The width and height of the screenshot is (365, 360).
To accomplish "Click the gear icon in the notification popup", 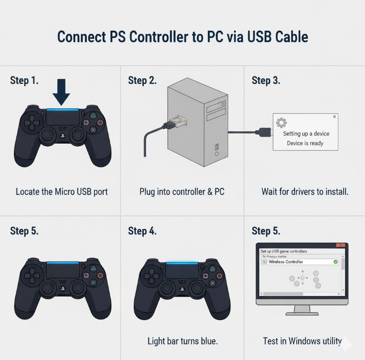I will point(281,122).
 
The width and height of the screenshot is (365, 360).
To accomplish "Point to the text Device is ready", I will point(305,143).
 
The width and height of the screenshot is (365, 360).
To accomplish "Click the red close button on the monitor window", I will point(341,246).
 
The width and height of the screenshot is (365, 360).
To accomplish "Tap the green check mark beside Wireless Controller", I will point(335,262).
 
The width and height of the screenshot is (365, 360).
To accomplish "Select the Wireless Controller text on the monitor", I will point(286,262).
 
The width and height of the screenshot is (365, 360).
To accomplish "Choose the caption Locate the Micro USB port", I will point(61,191).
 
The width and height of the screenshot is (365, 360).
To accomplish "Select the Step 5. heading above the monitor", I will point(266,231).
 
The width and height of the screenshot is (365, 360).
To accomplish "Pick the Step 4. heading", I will point(142,231).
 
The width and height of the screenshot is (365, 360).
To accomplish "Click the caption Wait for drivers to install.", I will point(305,191).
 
